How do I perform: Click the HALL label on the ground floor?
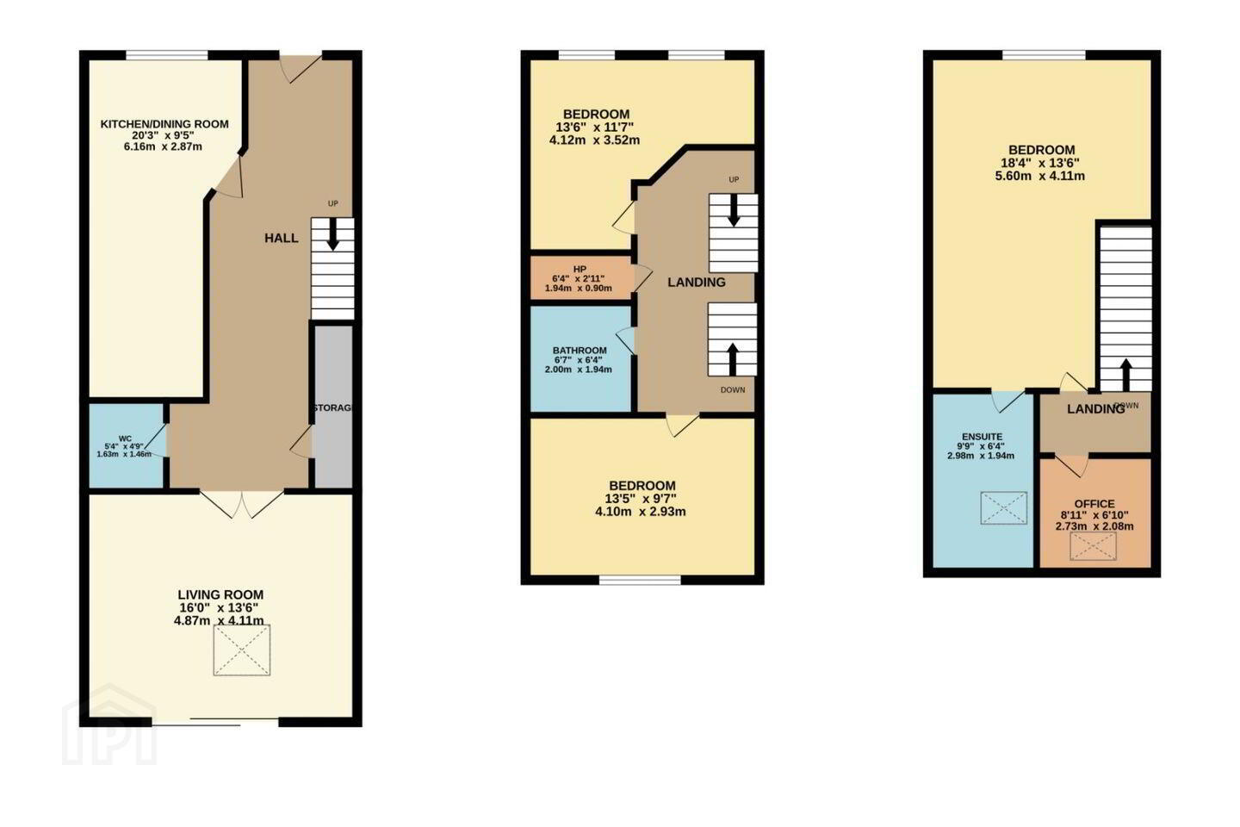click(282, 238)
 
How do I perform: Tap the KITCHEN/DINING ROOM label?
click(164, 124)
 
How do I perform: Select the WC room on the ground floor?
click(127, 446)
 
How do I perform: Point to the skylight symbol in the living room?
click(242, 650)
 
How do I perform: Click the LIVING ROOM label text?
click(220, 595)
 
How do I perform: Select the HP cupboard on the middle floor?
click(581, 278)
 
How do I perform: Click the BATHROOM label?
click(580, 350)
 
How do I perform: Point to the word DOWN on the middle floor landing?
click(732, 390)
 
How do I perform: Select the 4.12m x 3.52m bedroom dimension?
click(594, 140)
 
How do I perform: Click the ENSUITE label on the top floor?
click(982, 437)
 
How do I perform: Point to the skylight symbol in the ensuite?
click(1004, 508)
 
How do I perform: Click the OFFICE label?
click(1094, 504)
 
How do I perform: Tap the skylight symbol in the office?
click(1094, 546)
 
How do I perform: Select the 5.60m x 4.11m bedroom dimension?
click(1039, 176)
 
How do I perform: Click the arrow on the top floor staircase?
click(1126, 375)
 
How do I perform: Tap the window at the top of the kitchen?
click(167, 55)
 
